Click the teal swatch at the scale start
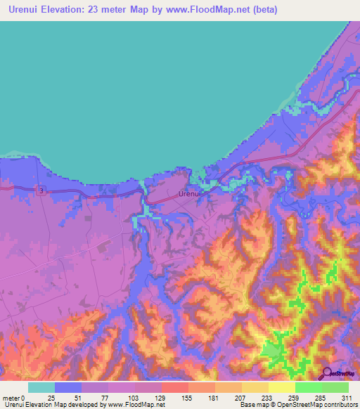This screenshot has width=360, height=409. click(x=41, y=387)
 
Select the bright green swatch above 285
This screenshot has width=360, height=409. click(x=309, y=387)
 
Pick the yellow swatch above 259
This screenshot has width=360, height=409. click(x=282, y=387)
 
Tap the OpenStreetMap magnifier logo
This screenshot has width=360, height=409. click(x=327, y=374)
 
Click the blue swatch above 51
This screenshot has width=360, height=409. click(x=68, y=387)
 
